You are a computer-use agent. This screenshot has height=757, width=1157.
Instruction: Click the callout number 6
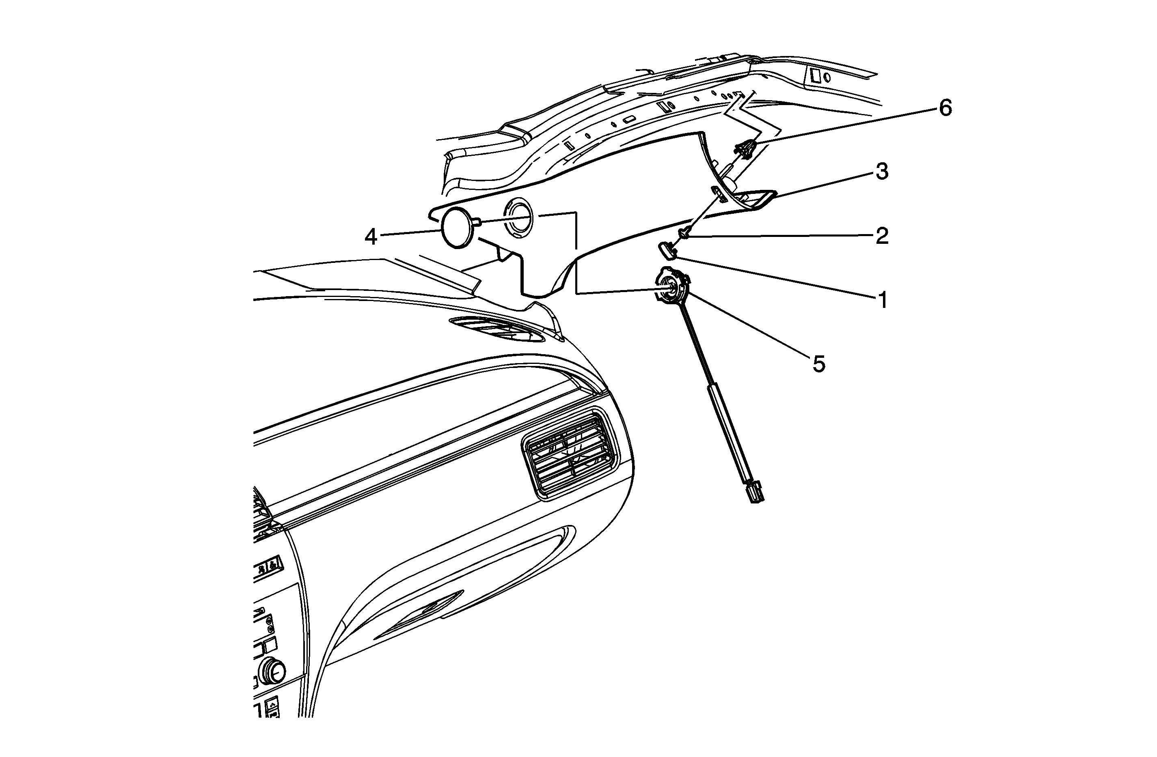click(945, 108)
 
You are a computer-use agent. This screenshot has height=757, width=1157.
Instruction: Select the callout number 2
click(882, 236)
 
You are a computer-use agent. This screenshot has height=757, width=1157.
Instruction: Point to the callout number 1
click(883, 300)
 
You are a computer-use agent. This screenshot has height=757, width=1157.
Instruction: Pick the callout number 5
click(819, 363)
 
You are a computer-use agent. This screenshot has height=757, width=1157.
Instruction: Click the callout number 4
click(371, 237)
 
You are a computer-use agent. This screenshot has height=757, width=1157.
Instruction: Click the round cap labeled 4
click(460, 228)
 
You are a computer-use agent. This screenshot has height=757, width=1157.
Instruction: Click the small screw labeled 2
click(684, 234)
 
